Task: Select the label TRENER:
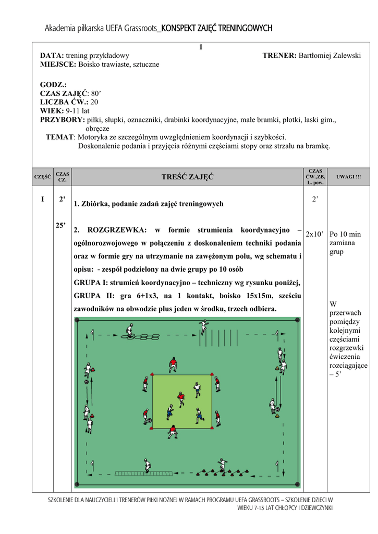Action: (x=279, y=55)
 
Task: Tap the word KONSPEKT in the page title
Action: (x=181, y=28)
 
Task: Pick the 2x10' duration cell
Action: (x=315, y=234)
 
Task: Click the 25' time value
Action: (x=60, y=225)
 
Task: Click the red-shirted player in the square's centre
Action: (x=181, y=399)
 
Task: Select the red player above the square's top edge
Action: (x=173, y=363)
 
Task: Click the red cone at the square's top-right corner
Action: (x=212, y=375)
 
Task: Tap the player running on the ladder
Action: (x=148, y=466)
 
